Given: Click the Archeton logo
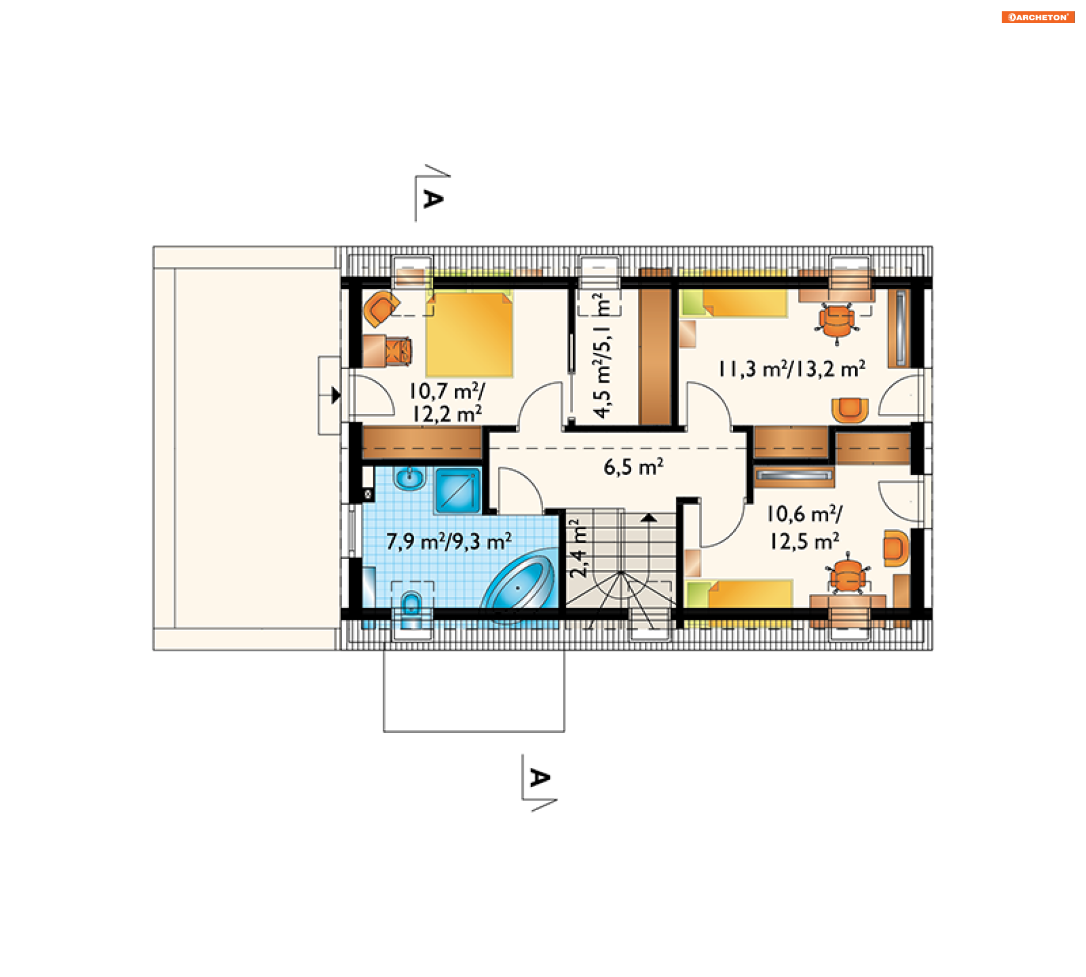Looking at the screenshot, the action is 1037,17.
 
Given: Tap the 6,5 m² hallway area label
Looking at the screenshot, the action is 633,467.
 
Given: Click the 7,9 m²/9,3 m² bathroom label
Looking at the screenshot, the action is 449,541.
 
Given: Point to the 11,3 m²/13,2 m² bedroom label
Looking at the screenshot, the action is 792,369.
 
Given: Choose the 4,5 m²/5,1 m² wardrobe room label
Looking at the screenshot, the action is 602,355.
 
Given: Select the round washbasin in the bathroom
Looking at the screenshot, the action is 410,478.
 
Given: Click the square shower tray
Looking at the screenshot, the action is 458,490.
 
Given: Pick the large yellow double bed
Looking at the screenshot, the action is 469,334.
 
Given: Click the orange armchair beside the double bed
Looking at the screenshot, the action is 381,309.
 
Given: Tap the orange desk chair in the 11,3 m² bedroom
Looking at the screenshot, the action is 837,322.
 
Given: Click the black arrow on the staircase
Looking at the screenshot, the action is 649,517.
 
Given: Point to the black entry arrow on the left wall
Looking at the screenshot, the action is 336,395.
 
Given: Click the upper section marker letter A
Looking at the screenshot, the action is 433,199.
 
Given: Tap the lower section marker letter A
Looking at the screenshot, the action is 540,779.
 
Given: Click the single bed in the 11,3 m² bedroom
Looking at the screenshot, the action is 734,303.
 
